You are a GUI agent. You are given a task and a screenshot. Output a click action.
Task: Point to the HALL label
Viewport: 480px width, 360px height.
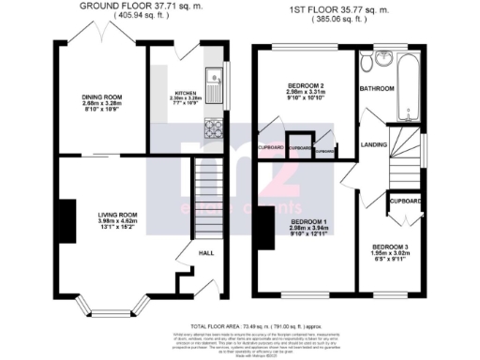(205, 252)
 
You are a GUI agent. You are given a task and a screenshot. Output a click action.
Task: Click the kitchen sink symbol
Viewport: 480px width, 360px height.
(213, 87)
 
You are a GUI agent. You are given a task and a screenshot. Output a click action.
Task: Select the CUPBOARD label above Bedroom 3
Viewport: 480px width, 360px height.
(406, 201)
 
